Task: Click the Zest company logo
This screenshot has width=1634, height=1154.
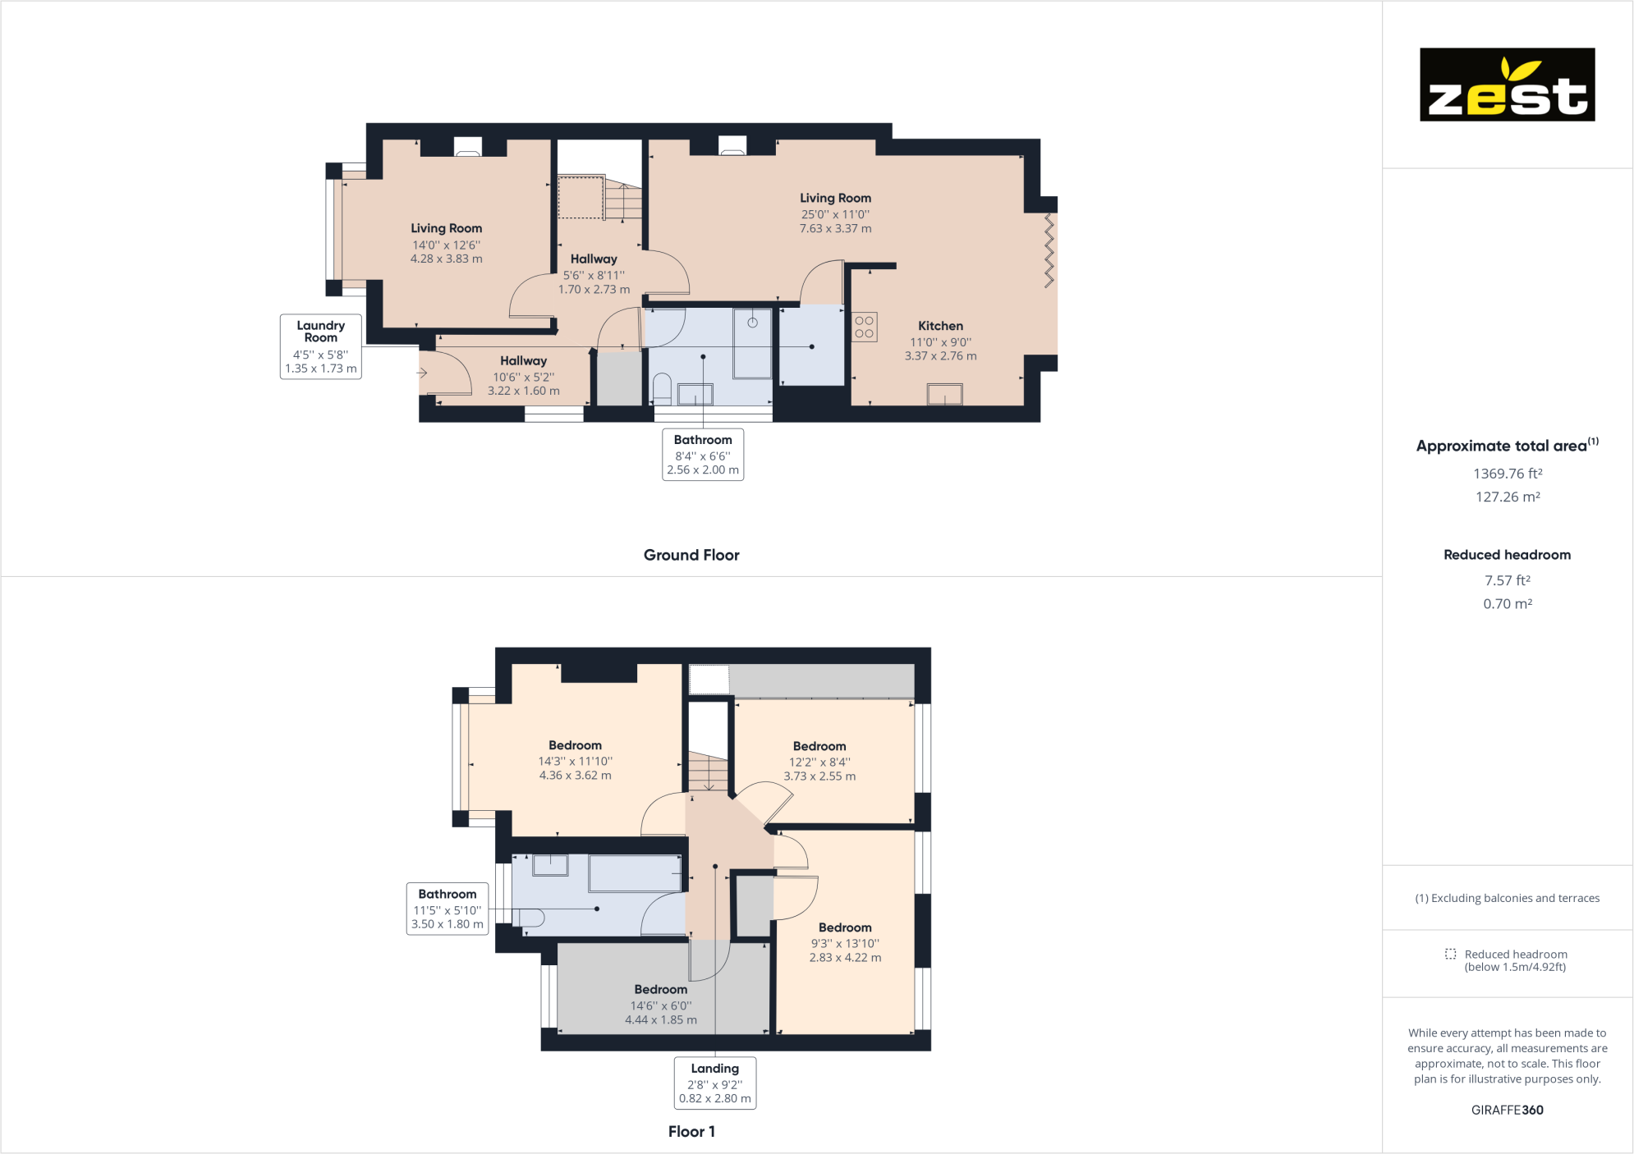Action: [1507, 85]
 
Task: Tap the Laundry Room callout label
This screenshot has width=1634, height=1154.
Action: [321, 346]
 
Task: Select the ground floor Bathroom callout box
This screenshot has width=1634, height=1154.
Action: [703, 455]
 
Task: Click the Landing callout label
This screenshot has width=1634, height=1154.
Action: [714, 1083]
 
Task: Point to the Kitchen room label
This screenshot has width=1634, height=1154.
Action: [940, 326]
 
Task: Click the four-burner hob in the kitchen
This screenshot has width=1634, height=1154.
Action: [864, 327]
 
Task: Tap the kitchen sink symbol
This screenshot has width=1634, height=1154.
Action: [944, 395]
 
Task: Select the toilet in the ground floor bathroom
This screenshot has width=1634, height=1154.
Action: [662, 389]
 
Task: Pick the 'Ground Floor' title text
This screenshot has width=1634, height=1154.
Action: [691, 555]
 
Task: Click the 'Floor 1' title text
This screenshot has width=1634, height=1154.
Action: [691, 1132]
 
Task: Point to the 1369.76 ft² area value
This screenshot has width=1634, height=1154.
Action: [1508, 474]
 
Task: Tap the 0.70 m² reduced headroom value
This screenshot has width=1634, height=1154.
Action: [1508, 603]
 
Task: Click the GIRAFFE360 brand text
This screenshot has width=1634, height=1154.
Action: [1508, 1110]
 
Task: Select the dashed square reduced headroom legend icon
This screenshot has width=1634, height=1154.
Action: [1451, 954]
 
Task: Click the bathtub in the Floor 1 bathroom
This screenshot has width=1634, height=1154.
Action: [635, 873]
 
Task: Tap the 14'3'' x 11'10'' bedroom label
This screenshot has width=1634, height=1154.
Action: [576, 762]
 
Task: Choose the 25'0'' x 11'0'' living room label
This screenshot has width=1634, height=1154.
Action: [836, 214]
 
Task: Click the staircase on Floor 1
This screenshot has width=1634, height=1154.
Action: [708, 772]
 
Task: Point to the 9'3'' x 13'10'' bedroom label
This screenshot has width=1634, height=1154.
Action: [845, 944]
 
